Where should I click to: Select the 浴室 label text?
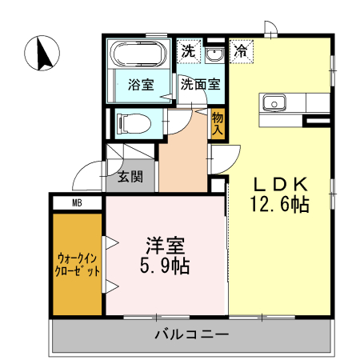(141, 86)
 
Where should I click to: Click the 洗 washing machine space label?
(186, 50)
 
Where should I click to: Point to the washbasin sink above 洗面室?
(214, 55)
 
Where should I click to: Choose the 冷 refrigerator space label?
(240, 50)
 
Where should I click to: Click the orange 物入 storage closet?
(217, 124)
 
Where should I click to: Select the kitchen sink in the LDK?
(273, 102)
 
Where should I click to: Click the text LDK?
(278, 182)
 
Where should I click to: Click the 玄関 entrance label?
(131, 178)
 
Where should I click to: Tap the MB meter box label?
(77, 203)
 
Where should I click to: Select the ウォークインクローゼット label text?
(78, 265)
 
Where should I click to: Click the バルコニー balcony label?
(192, 334)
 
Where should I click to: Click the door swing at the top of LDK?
(273, 30)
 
